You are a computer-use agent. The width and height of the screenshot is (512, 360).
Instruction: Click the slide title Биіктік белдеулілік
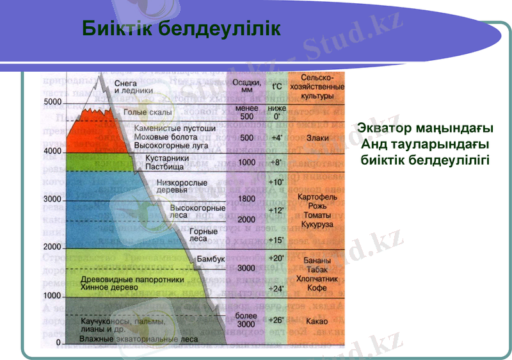pyautogui.click(x=181, y=28)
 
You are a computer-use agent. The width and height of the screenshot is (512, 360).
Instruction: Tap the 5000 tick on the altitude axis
pyautogui.click(x=52, y=103)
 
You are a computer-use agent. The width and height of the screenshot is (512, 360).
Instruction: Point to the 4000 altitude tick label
pyautogui.click(x=52, y=151)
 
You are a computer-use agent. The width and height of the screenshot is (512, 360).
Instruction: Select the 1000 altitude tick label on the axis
pyautogui.click(x=52, y=296)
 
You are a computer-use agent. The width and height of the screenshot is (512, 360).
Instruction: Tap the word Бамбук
pyautogui.click(x=211, y=259)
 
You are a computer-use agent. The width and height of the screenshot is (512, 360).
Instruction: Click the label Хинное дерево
pyautogui.click(x=109, y=288)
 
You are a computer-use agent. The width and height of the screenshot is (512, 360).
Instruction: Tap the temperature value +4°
pyautogui.click(x=276, y=138)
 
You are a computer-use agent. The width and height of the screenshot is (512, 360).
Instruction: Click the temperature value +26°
pyautogui.click(x=276, y=320)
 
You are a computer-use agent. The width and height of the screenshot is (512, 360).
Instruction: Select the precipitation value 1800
pyautogui.click(x=246, y=199)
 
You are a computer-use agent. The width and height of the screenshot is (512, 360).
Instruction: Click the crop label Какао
pyautogui.click(x=314, y=320)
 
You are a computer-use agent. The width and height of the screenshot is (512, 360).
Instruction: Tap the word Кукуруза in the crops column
pyautogui.click(x=314, y=226)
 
